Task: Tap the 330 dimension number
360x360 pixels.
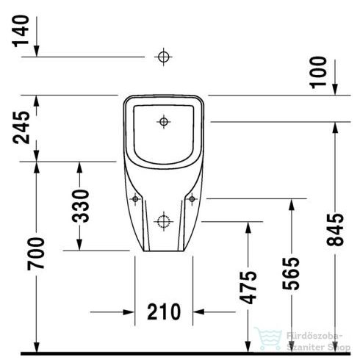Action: pyautogui.click(x=82, y=206)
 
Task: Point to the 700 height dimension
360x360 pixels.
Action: pyautogui.click(x=36, y=253)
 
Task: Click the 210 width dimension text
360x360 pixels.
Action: pyautogui.click(x=162, y=312)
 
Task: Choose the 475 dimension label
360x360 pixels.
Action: pyautogui.click(x=249, y=287)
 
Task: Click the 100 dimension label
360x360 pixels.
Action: pyautogui.click(x=317, y=71)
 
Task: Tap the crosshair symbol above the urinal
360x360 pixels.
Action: pyautogui.click(x=163, y=56)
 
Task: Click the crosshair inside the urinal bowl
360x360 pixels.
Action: pyautogui.click(x=163, y=120)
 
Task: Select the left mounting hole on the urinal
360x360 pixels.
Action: pyautogui.click(x=134, y=198)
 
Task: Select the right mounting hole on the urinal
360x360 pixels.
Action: pyautogui.click(x=191, y=198)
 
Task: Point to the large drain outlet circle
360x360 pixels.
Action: pyautogui.click(x=163, y=220)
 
